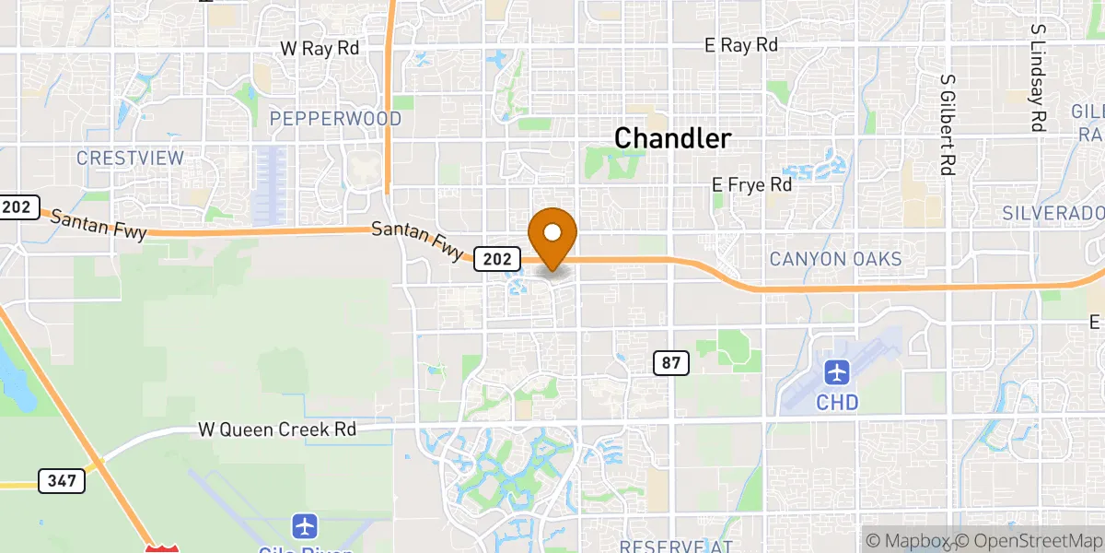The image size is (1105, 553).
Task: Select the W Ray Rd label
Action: pos(320,48)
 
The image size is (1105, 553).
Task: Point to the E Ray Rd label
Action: pos(741,45)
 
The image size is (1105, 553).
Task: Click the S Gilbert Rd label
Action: pos(946,124)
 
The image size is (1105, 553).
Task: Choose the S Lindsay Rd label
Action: pos(1038,78)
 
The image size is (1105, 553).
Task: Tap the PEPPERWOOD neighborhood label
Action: pos(335,119)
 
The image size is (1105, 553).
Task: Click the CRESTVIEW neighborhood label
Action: pos(130,159)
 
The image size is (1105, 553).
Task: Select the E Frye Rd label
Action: pos(752,185)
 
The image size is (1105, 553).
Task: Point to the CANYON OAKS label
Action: pos(835,259)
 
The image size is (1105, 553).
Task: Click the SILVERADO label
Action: pos(1053,213)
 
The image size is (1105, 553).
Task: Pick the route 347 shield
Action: pos(62,480)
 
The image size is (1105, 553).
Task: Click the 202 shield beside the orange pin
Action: pos(495,260)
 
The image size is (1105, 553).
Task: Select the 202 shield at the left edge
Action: pos(16,206)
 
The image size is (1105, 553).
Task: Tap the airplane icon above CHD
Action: pos(837,373)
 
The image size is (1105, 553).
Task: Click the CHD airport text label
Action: pos(837,403)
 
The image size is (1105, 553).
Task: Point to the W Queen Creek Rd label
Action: pos(277,429)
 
